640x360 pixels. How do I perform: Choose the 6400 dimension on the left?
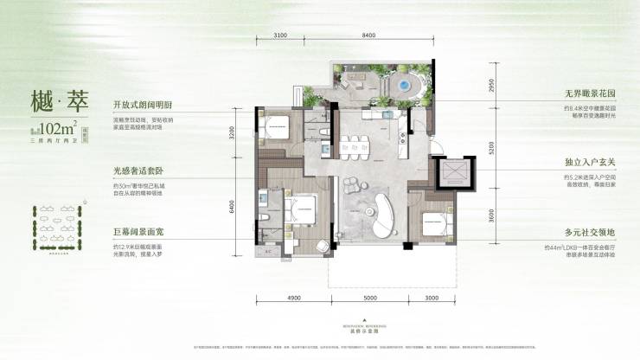coord(245,208)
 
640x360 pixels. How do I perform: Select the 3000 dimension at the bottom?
coord(432,298)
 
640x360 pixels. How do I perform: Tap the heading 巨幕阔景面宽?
coord(137,233)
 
